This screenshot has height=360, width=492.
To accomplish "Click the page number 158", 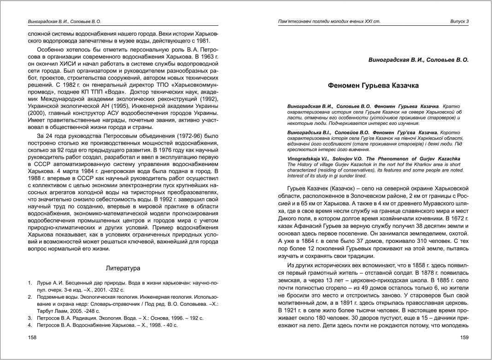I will click(x=33, y=337).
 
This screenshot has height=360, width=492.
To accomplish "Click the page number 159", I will click(x=464, y=337).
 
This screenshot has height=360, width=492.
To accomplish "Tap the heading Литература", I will click(x=123, y=268).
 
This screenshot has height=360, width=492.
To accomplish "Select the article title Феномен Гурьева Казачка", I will click(x=373, y=85).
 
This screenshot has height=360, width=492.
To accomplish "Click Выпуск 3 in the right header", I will click(x=459, y=22).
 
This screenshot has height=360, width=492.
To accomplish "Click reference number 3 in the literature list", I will click(x=29, y=318).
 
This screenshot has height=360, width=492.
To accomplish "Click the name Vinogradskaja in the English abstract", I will click(x=306, y=159).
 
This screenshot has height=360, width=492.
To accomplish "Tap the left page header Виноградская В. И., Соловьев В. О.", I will click(x=64, y=22).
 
